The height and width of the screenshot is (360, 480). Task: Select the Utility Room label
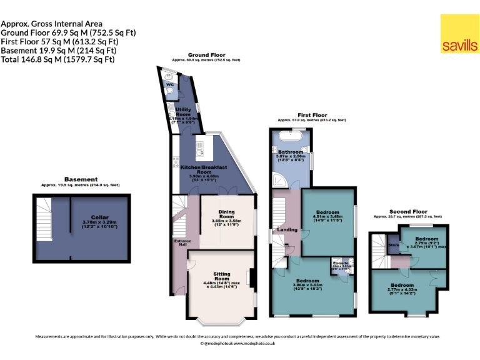tap(183, 112)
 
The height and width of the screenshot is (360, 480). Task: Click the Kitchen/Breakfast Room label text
tap(204, 167)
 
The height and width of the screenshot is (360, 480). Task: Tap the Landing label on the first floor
tap(287, 229)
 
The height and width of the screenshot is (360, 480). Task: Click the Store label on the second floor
tap(394, 246)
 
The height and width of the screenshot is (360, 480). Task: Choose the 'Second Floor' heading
tap(408, 211)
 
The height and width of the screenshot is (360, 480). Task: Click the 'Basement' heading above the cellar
tap(80, 179)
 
